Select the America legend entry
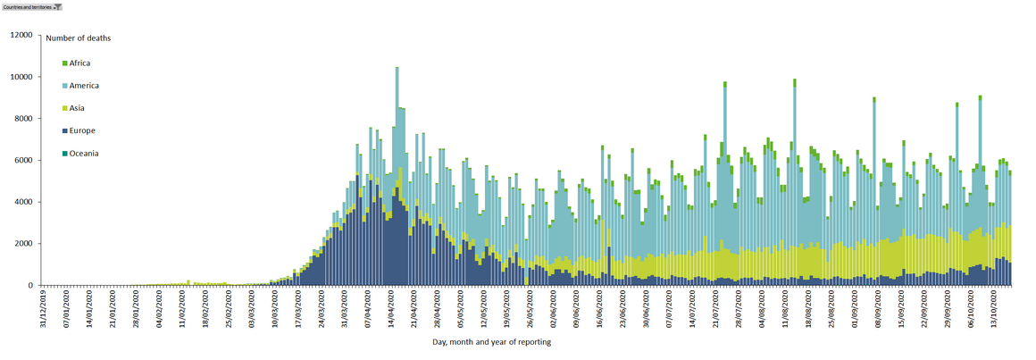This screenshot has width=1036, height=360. point(83,86)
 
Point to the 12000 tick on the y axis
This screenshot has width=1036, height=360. point(21,36)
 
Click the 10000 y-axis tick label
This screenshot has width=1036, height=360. point(21,77)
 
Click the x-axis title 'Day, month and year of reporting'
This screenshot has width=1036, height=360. point(491,342)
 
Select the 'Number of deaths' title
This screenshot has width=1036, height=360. point(79,38)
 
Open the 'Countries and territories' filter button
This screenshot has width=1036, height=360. point(32,6)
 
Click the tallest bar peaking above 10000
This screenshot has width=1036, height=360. point(397,179)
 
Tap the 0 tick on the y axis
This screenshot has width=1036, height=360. point(29,286)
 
